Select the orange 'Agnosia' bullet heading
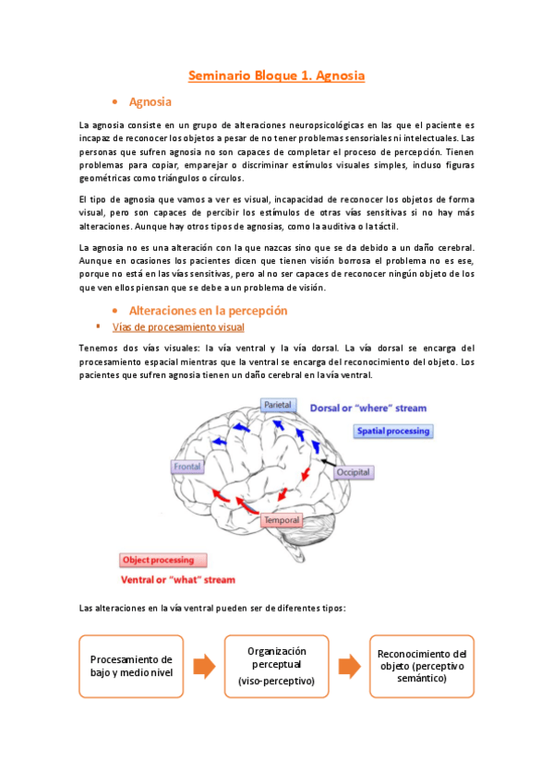click(151, 101)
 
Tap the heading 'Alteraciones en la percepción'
click(209, 311)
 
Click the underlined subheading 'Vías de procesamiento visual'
click(177, 327)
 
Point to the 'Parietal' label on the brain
click(278, 405)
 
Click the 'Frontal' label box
click(186, 467)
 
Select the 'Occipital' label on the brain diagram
click(353, 471)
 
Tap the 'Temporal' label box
click(283, 521)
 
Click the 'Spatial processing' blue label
click(394, 431)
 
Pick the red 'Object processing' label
click(163, 560)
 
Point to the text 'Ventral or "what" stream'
click(178, 580)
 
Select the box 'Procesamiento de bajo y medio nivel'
click(131, 665)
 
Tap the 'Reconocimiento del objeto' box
click(422, 665)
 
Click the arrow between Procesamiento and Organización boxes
click(204, 667)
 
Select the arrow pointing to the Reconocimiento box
click(349, 667)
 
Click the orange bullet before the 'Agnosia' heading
click(114, 101)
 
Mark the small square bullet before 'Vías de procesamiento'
click(99, 326)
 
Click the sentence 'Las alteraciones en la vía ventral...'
click(211, 609)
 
